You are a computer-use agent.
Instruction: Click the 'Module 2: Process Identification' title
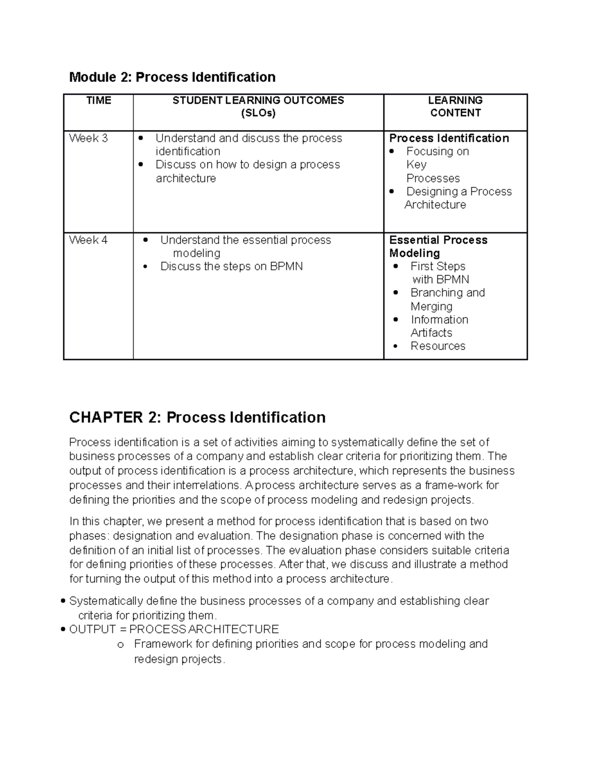[x=172, y=78]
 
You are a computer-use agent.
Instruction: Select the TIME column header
[x=99, y=101]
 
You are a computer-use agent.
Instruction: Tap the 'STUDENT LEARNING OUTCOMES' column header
[x=258, y=106]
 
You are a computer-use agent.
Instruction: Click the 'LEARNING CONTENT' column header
[x=455, y=106]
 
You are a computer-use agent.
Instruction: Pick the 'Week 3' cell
[x=88, y=138]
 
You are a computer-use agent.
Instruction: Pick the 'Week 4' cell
[x=88, y=240]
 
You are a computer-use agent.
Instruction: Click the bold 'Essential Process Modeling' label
[x=438, y=246]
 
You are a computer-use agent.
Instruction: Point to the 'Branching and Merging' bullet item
[x=447, y=299]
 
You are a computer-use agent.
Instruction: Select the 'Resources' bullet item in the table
[x=438, y=346]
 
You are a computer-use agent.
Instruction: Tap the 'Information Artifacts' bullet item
[x=439, y=326]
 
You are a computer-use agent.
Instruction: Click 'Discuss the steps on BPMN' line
[x=231, y=266]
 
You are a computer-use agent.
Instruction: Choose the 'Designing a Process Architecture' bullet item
[x=458, y=198]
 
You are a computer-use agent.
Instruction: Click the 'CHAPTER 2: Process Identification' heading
[x=197, y=418]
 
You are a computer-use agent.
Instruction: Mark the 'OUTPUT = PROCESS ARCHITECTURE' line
[x=174, y=630]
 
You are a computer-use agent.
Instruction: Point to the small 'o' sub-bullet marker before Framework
[x=120, y=645]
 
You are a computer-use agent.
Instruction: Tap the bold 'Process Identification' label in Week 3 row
[x=449, y=138]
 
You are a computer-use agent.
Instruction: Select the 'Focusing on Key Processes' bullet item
[x=437, y=164]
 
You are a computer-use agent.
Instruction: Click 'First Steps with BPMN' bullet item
[x=439, y=273]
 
